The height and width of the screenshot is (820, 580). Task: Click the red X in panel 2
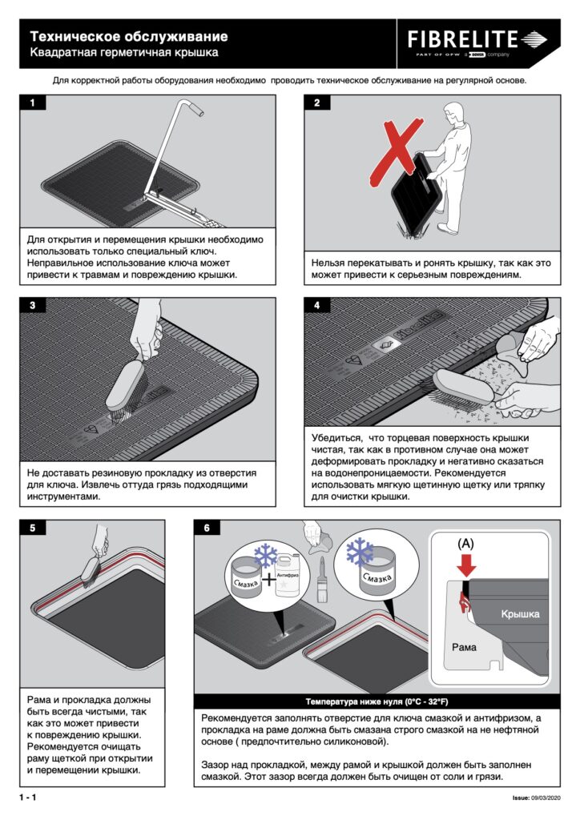coord(397,151)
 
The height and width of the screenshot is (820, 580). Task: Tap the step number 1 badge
coord(32,102)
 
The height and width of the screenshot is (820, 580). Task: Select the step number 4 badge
coord(317,305)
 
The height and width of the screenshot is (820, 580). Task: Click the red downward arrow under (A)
coord(466,565)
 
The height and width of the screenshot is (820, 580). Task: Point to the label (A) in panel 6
coord(465,544)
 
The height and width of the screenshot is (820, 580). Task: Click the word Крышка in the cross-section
coord(520,614)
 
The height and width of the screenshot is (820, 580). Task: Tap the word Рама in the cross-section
coord(464,647)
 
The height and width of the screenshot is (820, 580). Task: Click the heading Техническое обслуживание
coord(129,37)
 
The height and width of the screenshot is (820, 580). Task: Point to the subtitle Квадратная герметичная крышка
coord(124,52)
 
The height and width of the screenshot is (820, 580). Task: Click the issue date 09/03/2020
coord(546,798)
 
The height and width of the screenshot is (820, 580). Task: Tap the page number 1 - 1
coord(28,798)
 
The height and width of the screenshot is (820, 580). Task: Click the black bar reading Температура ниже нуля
coord(377,701)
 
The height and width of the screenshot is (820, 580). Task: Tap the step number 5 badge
coord(32,528)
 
